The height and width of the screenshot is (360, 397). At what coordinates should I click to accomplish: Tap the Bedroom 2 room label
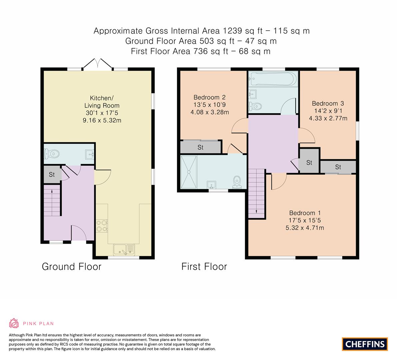209,97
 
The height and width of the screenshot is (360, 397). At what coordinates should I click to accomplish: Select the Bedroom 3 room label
328,103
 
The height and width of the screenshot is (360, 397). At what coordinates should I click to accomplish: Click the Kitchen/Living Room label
102,101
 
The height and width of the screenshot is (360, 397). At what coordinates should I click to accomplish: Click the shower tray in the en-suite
189,172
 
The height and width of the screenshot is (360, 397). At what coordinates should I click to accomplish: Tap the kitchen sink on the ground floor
124,250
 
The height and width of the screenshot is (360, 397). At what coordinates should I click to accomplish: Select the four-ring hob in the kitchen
102,226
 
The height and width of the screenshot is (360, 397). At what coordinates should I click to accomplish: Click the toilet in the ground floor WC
52,154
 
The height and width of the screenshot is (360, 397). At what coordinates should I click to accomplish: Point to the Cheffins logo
365,344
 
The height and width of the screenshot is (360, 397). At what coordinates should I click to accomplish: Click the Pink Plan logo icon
14,323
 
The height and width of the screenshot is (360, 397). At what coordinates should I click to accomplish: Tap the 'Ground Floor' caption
71,267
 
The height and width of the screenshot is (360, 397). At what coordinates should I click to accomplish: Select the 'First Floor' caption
204,267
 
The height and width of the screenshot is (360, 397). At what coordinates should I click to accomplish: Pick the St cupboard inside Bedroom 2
200,147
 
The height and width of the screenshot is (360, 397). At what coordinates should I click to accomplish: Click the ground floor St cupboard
52,174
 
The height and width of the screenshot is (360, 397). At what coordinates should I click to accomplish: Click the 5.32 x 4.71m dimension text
305,228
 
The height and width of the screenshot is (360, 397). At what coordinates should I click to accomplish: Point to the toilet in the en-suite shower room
237,182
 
